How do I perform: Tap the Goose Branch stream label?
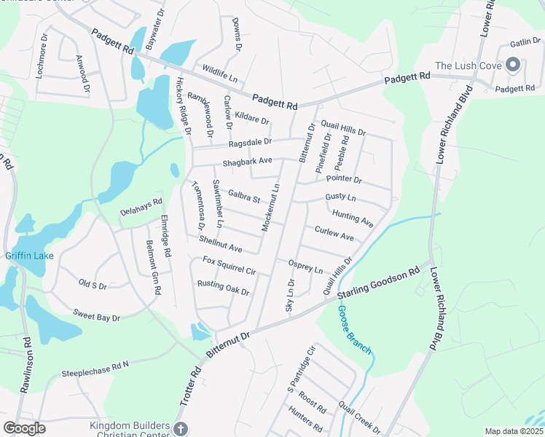click(x=354, y=330)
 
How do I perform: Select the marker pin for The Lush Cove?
click(x=511, y=66)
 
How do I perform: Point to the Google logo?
click(x=24, y=428)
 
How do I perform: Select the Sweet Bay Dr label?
click(x=95, y=315)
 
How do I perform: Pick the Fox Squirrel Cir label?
click(x=229, y=266)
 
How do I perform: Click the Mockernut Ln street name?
click(x=270, y=208)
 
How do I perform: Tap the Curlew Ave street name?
click(x=334, y=234)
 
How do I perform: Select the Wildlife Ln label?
click(x=219, y=73)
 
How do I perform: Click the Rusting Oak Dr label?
click(x=223, y=288)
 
